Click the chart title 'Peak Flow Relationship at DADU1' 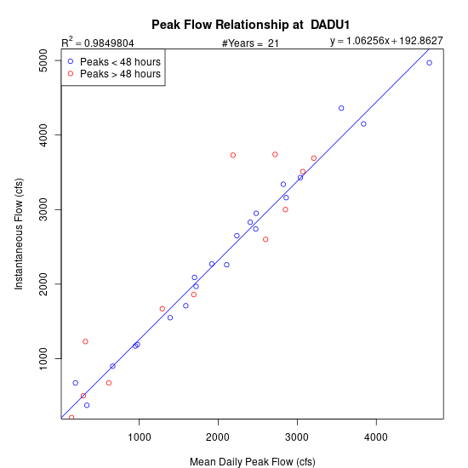(x=250, y=25)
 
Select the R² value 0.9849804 (x=109, y=43)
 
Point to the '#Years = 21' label (x=250, y=43)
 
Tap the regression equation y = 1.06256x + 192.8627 (x=386, y=41)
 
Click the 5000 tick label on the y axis (x=43, y=60)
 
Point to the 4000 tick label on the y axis (x=43, y=135)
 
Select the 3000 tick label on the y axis (x=43, y=209)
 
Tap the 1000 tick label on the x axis (x=139, y=437)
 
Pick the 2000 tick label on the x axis (x=218, y=437)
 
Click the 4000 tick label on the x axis (x=376, y=437)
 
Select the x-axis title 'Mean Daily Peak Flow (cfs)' (x=253, y=461)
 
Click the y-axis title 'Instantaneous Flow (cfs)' (x=19, y=234)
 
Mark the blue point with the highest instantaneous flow (x=429, y=63)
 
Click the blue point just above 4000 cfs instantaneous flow (x=363, y=124)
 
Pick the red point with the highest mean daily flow (x=314, y=158)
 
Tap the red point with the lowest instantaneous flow (x=71, y=418)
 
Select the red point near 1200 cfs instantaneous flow (x=85, y=341)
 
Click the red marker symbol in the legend (x=71, y=73)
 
